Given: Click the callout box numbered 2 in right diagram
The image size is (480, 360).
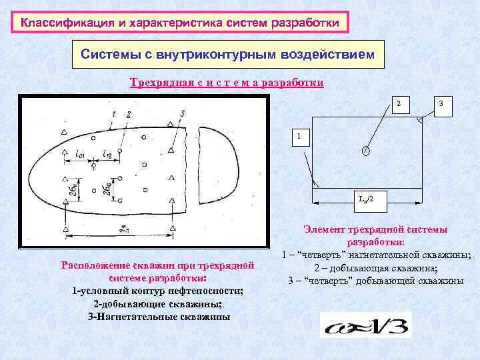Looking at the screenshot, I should coord(399,104).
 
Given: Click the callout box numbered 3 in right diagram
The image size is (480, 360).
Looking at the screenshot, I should coord(441,104).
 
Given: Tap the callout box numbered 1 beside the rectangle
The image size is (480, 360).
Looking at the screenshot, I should coord(299,137).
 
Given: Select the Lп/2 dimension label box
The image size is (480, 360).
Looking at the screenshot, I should coord(366,199).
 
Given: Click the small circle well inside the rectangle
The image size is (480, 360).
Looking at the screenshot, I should coord(365,150).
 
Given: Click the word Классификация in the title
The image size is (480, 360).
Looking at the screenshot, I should coord(59,23).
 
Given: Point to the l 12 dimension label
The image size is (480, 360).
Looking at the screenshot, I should coord(107,156).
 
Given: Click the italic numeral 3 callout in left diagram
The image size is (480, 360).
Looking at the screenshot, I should coord(182,115).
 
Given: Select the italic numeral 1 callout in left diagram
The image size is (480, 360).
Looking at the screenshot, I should coord(113,114).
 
